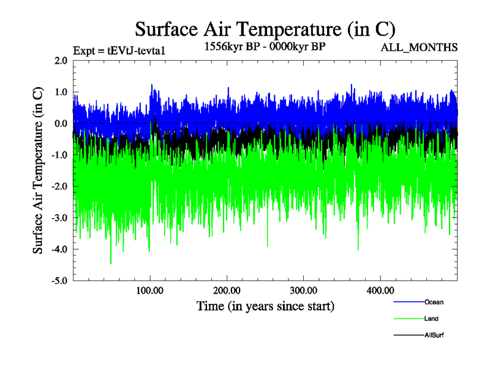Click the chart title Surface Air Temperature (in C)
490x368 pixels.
tap(265, 29)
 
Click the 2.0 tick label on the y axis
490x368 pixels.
tap(61, 61)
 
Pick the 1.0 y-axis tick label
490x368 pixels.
tap(61, 92)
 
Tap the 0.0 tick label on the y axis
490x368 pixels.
tap(61, 123)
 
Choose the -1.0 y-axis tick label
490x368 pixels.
tap(59, 155)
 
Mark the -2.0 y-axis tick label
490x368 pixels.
tap(59, 186)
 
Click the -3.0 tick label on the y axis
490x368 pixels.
tap(59, 218)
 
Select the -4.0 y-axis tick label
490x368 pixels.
tap(59, 249)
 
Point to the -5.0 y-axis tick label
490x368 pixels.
tap(59, 280)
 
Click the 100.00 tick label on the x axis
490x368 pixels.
tap(150, 290)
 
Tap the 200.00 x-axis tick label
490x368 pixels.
tap(227, 290)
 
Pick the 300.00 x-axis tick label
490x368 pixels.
tap(303, 290)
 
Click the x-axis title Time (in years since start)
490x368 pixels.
tap(265, 305)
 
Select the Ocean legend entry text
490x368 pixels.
tap(434, 302)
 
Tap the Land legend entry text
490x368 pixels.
tap(431, 318)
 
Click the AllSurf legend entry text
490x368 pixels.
tap(434, 335)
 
